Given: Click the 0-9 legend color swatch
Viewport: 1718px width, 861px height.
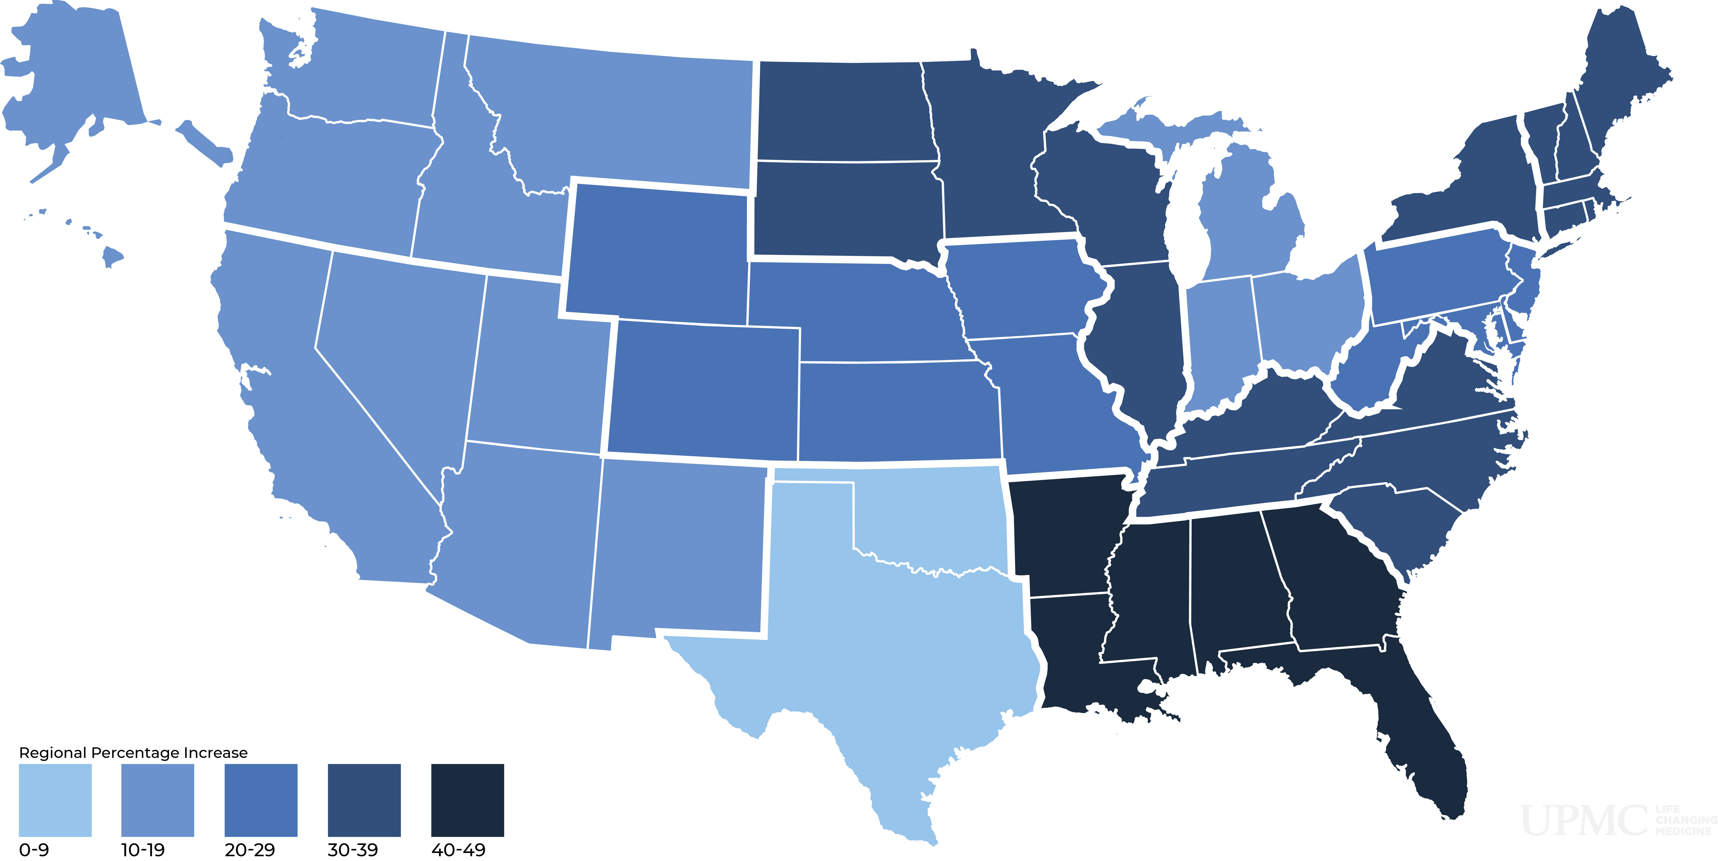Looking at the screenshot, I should click(55, 800).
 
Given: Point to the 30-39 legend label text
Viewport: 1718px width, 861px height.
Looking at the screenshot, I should click(352, 850).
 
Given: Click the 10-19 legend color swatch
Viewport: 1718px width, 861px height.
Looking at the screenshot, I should click(157, 800).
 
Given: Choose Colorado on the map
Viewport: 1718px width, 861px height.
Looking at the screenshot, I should click(704, 391).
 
